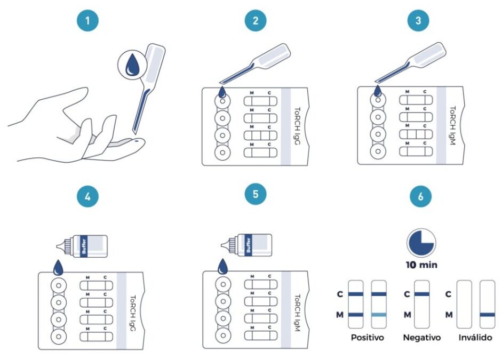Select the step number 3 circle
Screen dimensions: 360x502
point(418,21)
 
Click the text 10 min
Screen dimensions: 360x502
point(421,265)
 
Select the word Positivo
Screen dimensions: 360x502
point(367,338)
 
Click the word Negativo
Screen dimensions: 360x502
point(422,338)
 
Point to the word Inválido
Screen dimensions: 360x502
point(474,338)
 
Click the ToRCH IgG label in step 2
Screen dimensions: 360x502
point(297,126)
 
